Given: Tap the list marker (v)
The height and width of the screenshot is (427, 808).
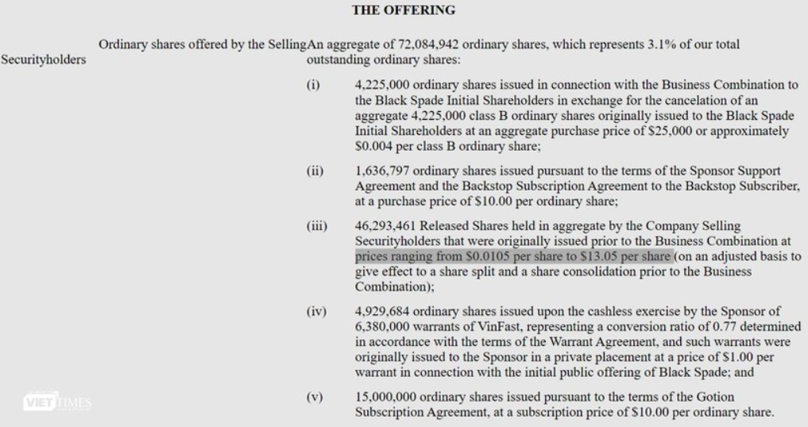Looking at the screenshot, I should coord(314,395).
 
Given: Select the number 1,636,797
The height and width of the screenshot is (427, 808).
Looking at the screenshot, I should coord(382,171).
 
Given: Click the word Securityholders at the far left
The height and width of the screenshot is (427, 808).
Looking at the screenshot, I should coord(44,60).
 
